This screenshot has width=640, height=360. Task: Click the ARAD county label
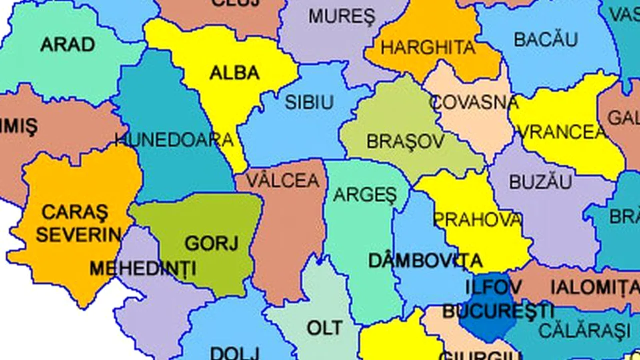67,44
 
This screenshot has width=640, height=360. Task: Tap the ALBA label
234,73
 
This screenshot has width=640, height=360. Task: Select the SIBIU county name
309,102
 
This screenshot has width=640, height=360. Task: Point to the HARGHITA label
428,48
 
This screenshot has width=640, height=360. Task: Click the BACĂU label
546,39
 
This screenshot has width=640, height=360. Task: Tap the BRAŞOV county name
405,141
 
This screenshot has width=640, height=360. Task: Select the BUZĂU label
540,182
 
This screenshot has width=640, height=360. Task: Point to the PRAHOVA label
477,219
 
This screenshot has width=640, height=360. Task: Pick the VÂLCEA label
283,180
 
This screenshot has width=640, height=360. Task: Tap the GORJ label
211,243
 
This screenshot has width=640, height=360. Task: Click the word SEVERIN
78,234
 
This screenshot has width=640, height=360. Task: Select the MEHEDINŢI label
143,269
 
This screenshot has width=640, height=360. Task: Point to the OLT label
325,328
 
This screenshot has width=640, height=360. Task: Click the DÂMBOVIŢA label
425,260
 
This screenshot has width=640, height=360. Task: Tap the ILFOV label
493,287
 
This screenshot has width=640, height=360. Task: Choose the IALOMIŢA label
594,287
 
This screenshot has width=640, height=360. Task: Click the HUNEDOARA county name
174,140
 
